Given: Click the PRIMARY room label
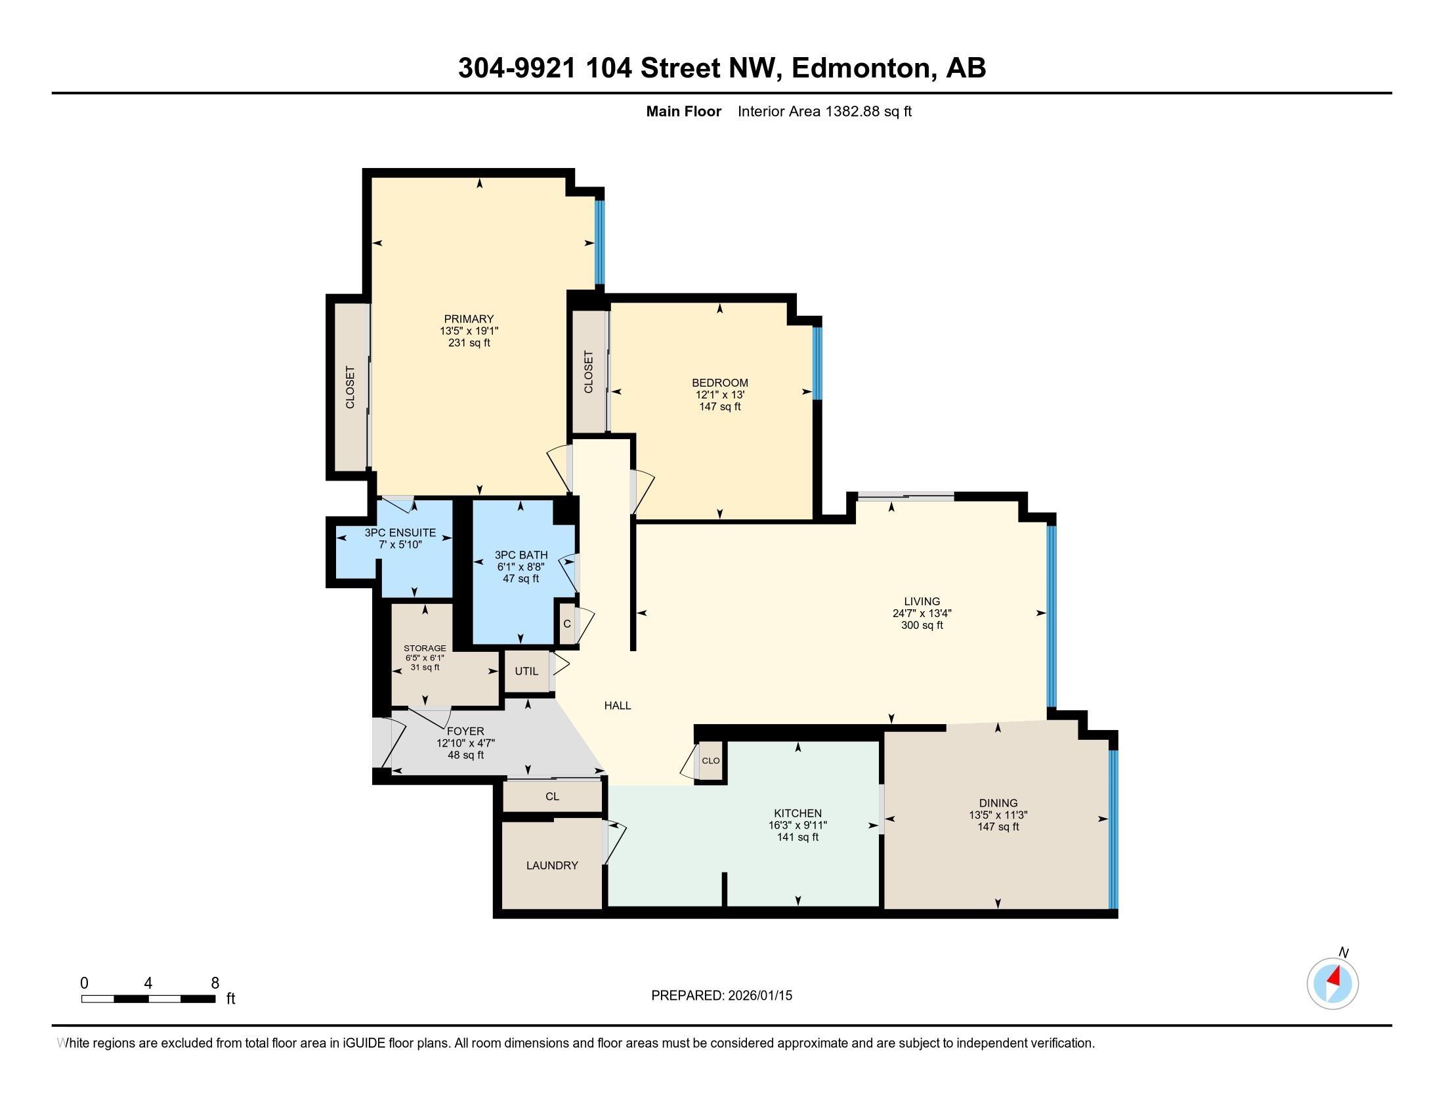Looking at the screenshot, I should (469, 318).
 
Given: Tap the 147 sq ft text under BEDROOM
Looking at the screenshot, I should (720, 406).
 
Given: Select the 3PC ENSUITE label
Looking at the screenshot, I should (400, 532).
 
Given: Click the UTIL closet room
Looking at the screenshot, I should (526, 671).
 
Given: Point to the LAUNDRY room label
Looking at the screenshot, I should (552, 865).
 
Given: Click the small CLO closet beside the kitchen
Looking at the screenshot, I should (711, 761).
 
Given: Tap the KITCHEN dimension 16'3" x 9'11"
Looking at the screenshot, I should (797, 825).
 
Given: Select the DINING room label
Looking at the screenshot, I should (998, 804).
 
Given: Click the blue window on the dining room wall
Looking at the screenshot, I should (1113, 830).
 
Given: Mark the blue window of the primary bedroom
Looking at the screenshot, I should (600, 242).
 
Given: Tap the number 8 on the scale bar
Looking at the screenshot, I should (215, 983).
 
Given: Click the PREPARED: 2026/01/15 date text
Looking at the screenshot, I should (721, 996).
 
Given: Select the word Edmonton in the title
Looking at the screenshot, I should (860, 68).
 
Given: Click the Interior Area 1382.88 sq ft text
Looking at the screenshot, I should (824, 112).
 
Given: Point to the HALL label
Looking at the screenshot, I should (618, 706).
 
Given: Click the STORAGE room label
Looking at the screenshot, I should (425, 648).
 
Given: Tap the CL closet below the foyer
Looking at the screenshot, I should (552, 797).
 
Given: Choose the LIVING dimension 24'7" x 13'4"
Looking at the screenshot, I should (922, 613).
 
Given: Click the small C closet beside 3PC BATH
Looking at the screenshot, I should (566, 624).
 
